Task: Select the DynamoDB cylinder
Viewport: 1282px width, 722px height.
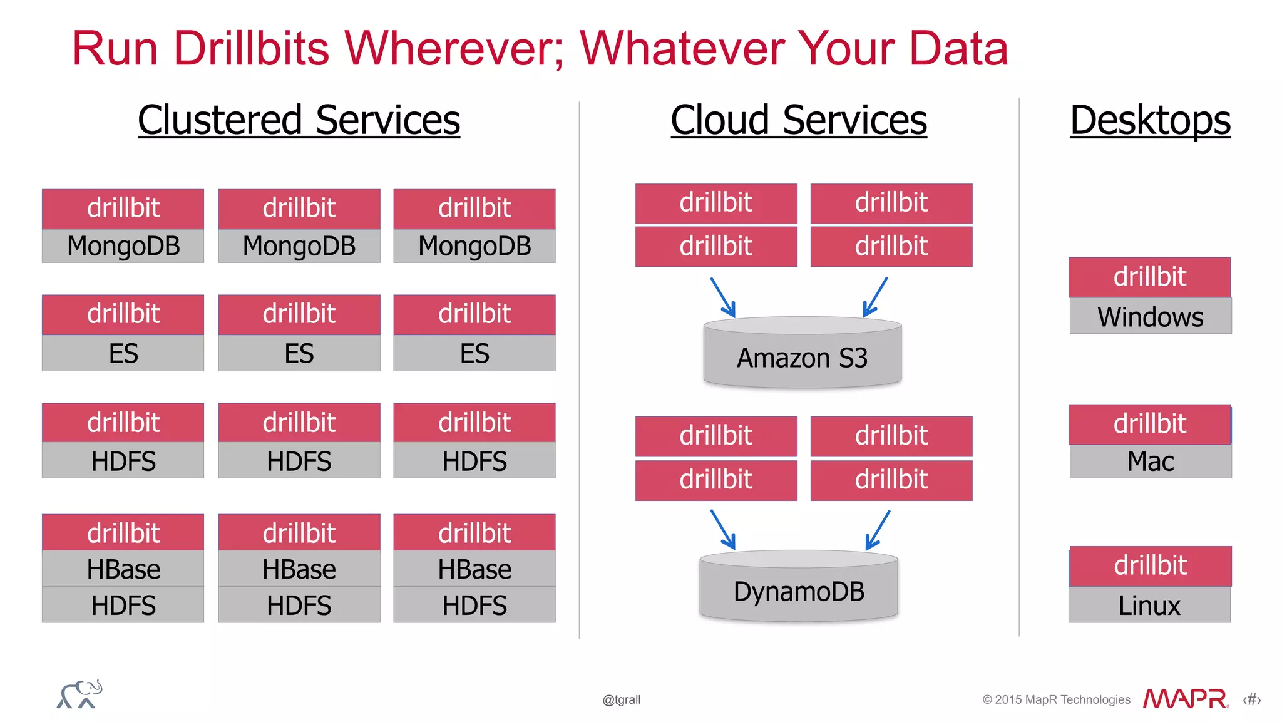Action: click(x=799, y=589)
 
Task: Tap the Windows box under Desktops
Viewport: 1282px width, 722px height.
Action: click(x=1150, y=316)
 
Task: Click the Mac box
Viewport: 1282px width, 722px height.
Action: click(x=1150, y=462)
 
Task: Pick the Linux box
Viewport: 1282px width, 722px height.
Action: click(x=1149, y=605)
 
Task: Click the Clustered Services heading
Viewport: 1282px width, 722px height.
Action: click(x=299, y=120)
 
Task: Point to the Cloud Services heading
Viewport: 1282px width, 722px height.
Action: click(x=799, y=120)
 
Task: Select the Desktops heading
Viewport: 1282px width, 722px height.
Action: click(x=1150, y=120)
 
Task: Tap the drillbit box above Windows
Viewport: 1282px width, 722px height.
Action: click(x=1149, y=277)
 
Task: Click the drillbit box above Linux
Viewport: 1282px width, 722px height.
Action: click(x=1150, y=565)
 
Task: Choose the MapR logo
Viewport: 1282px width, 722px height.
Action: click(x=1185, y=699)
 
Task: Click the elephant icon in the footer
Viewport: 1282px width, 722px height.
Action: click(x=79, y=694)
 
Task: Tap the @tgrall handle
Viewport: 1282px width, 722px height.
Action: click(x=621, y=699)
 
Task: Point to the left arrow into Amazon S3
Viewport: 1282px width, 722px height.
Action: click(x=723, y=297)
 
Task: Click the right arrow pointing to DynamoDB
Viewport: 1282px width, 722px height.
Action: click(x=878, y=530)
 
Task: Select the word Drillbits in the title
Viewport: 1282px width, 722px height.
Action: click(x=251, y=48)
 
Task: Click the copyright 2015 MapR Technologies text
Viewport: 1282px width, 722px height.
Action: click(x=1056, y=699)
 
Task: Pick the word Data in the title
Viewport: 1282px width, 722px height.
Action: click(x=958, y=48)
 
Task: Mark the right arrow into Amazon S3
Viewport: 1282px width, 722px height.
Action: click(x=875, y=297)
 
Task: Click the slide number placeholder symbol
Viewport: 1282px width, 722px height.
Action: click(x=1251, y=699)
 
